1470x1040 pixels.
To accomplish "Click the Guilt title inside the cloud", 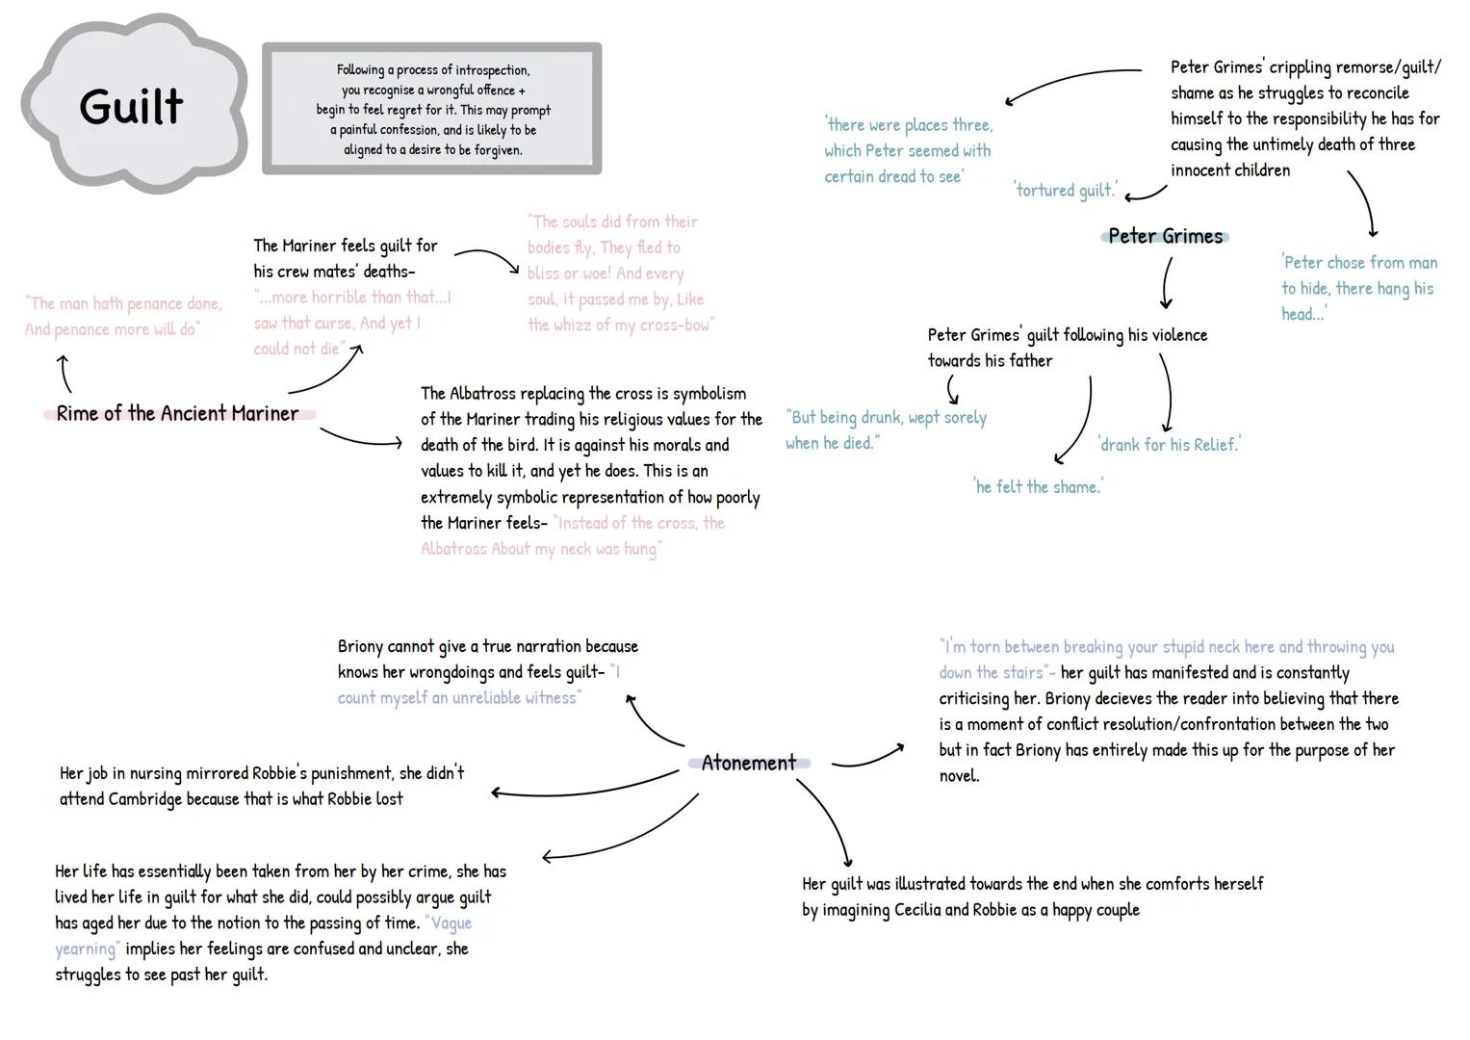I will [131, 106].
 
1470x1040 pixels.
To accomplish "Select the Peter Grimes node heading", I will [1165, 236].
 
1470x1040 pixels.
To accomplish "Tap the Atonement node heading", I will [748, 763].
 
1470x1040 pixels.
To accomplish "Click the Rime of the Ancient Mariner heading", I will [177, 413].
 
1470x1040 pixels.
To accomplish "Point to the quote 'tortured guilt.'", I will [1066, 190].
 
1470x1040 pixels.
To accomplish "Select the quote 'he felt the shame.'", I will [1039, 486].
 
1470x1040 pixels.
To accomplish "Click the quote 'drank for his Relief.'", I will [1170, 444].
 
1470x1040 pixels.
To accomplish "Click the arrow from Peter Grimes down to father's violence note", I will [1166, 283].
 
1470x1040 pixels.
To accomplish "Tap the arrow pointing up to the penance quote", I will [64, 373].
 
